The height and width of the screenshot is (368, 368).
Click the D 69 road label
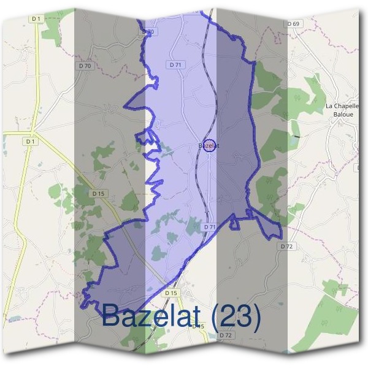(x=294, y=24)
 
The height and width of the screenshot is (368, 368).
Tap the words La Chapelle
(x=341, y=106)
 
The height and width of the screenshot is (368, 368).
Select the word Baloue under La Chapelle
(x=340, y=114)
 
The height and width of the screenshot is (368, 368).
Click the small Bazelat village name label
(x=209, y=146)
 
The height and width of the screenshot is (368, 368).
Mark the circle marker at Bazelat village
(x=209, y=146)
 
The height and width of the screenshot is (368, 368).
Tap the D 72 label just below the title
(x=225, y=335)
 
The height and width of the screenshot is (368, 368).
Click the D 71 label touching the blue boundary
(x=209, y=227)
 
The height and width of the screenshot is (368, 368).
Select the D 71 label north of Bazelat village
(x=175, y=64)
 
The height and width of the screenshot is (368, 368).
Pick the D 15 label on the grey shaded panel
(x=98, y=193)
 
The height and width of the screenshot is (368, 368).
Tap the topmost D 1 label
(x=36, y=19)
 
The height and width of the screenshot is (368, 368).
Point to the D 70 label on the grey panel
(x=85, y=66)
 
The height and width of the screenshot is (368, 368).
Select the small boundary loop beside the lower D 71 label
(x=234, y=224)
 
